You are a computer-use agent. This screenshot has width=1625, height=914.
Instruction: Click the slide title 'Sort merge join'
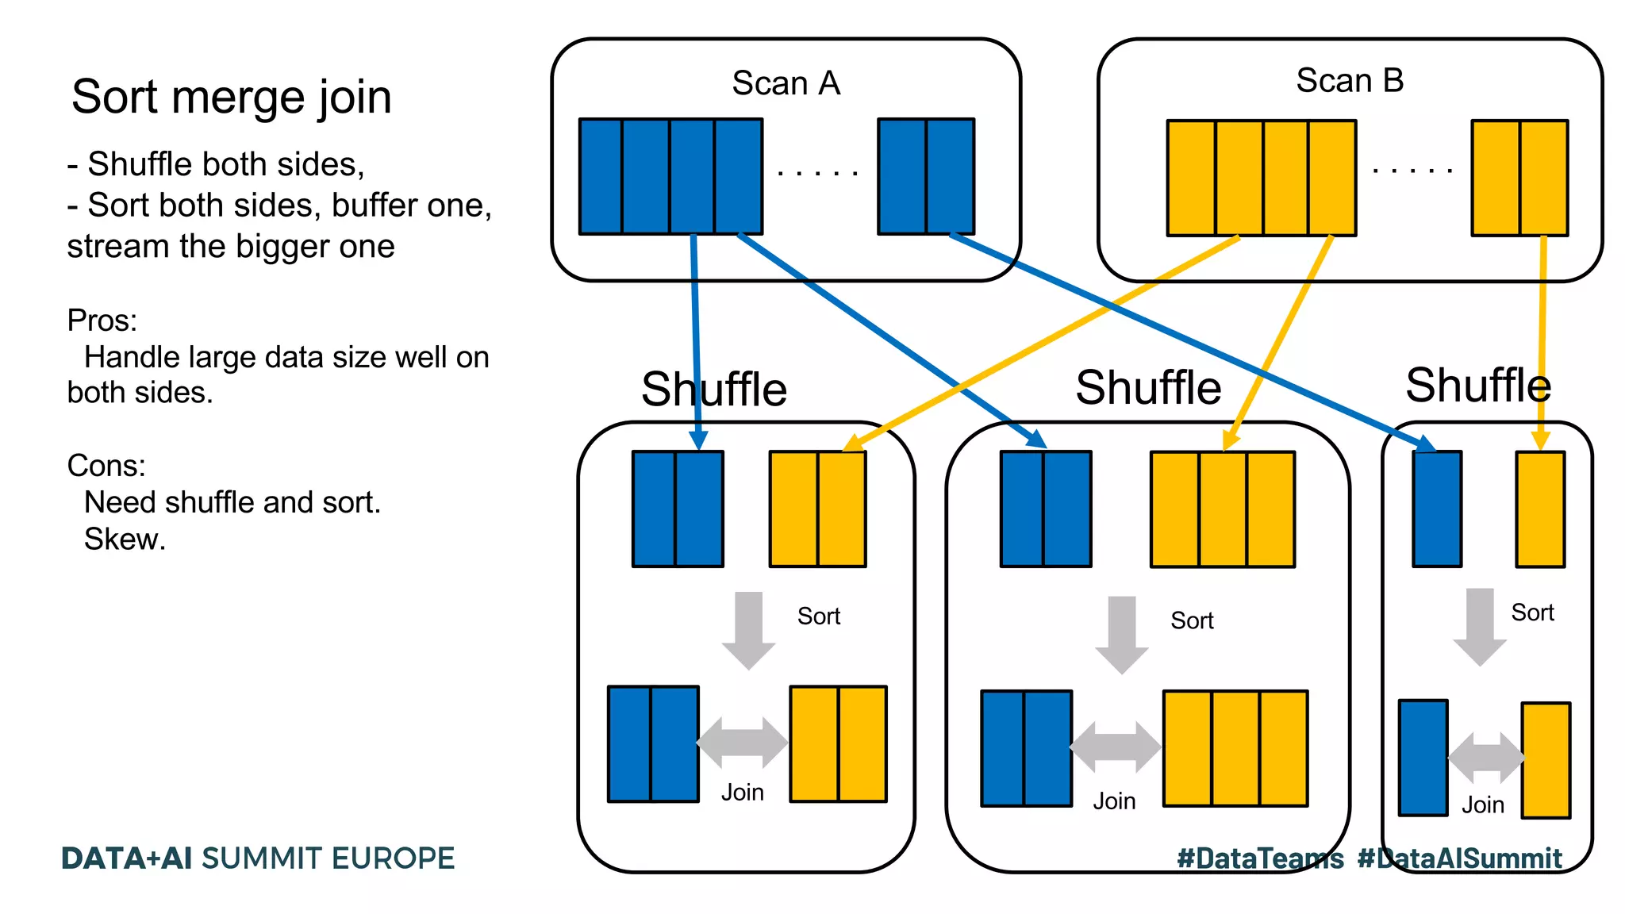tap(231, 98)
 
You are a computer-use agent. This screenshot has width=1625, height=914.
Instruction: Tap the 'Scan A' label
tap(786, 83)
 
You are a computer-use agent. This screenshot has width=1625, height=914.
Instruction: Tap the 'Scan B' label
tap(1350, 81)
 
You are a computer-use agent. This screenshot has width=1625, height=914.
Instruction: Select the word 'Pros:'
tap(102, 321)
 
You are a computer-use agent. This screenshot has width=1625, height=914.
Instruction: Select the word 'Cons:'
tap(106, 466)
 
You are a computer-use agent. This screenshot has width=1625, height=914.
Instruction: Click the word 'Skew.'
tap(125, 540)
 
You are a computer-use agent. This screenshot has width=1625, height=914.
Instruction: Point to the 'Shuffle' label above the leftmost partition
tap(713, 390)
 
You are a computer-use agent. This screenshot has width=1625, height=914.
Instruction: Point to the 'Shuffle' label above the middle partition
tap(1147, 388)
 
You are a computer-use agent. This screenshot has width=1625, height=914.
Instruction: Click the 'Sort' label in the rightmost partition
tap(1532, 613)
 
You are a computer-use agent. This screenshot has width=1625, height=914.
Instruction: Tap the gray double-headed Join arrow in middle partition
tap(1115, 747)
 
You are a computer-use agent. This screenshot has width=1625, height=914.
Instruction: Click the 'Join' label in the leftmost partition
tap(742, 793)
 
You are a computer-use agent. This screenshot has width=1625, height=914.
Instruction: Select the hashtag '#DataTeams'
tap(1260, 858)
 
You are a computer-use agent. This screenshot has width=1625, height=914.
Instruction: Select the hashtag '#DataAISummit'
tap(1459, 858)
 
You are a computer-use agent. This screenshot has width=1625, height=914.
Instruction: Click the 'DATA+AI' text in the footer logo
tap(126, 858)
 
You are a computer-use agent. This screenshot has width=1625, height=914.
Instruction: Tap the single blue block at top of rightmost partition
tap(1437, 509)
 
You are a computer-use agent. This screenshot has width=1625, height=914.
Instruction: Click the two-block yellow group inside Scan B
tap(1519, 178)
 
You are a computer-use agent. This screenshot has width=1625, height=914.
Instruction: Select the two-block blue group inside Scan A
tap(926, 176)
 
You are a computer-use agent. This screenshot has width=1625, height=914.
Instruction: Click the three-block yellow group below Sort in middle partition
tap(1235, 748)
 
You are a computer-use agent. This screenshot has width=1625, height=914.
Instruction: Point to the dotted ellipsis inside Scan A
tap(818, 172)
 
